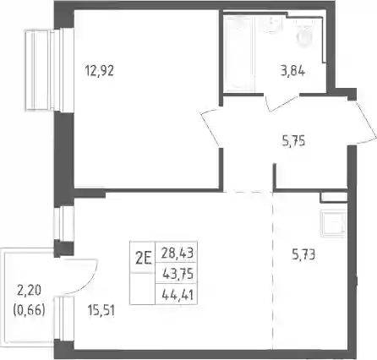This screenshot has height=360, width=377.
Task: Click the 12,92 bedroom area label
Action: point(100,70)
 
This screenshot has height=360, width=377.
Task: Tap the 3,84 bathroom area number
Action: point(292,71)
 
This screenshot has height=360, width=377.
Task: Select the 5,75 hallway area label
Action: point(293,141)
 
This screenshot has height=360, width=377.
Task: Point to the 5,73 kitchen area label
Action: point(303,255)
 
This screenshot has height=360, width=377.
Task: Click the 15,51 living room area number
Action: point(101,311)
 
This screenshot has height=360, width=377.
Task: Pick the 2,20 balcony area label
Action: point(30,291)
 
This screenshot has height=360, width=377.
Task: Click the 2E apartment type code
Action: point(144,259)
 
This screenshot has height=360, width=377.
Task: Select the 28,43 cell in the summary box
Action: point(178,253)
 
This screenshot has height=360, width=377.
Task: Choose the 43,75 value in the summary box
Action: point(178,274)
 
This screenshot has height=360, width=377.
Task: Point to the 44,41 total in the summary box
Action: point(178,295)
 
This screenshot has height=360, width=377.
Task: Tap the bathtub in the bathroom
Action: point(239,53)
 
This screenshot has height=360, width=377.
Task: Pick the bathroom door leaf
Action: point(283,104)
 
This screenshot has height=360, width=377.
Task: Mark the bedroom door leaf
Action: point(210,129)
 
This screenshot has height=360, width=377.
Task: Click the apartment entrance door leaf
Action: point(367,123)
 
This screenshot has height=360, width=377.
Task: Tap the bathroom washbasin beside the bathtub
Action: point(274,25)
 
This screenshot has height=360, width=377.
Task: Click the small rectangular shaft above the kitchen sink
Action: point(334,197)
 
